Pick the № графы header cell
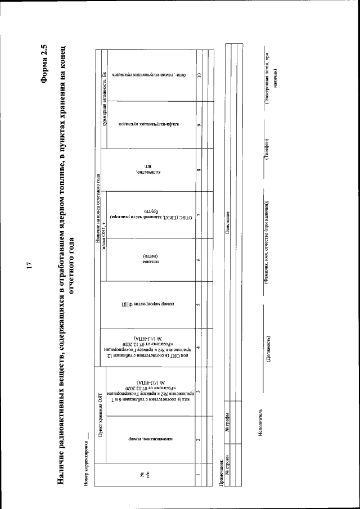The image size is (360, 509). pos(227,427)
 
